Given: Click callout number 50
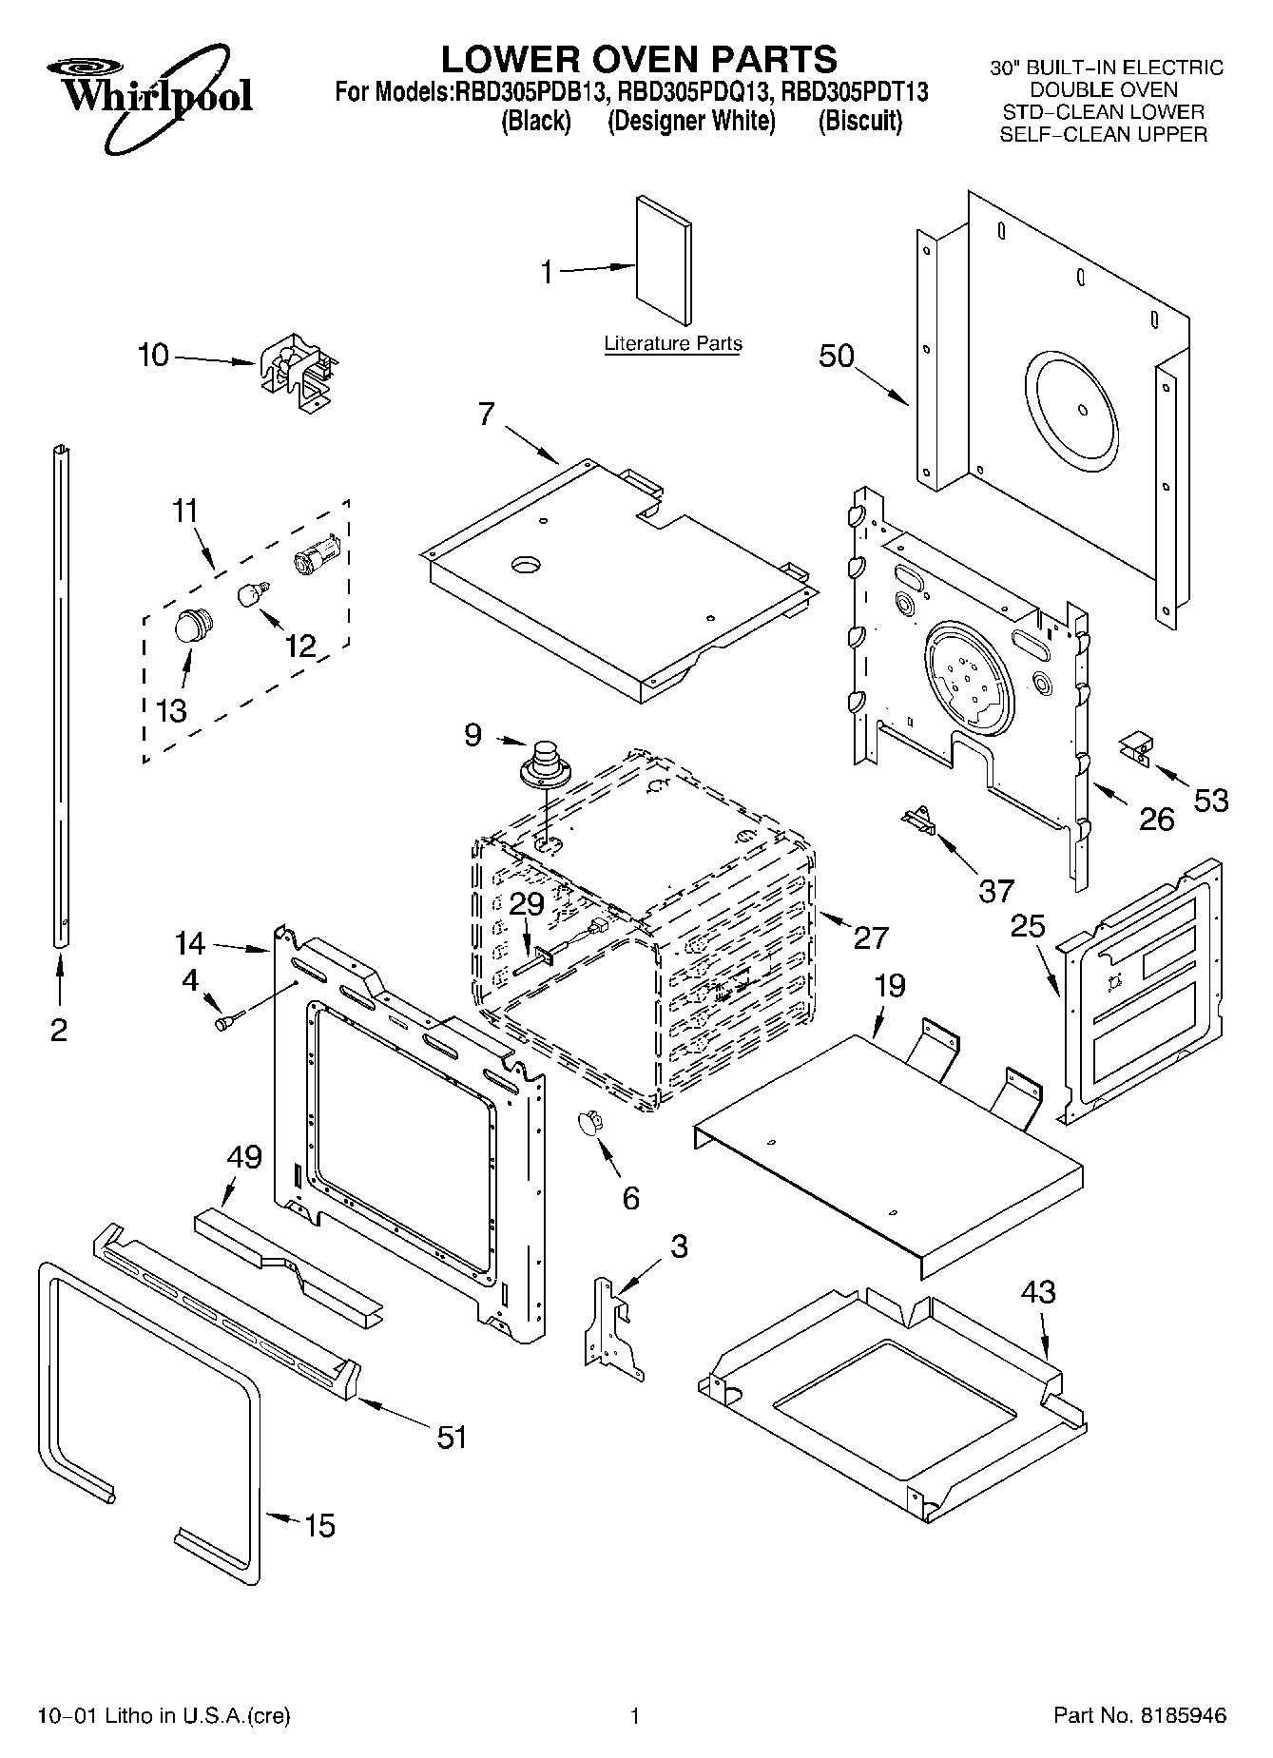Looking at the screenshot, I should click(837, 356).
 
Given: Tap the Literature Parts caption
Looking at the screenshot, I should click(673, 343).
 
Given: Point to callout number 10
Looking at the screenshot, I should click(153, 356).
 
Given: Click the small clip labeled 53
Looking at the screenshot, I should click(1137, 747).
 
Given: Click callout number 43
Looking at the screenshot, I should click(1038, 1292).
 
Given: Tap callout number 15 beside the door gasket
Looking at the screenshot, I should click(319, 1526).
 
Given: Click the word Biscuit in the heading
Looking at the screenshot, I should click(859, 122).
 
